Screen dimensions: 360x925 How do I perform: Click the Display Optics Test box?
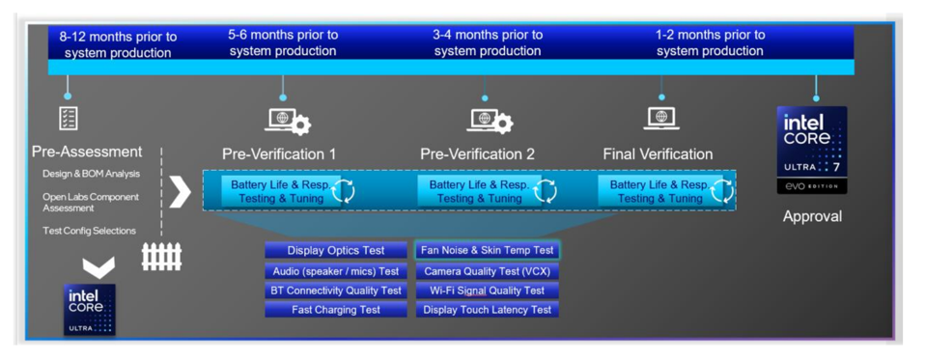click(x=335, y=251)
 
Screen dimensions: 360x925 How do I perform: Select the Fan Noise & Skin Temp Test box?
click(x=487, y=251)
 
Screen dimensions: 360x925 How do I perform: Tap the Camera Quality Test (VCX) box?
click(x=487, y=271)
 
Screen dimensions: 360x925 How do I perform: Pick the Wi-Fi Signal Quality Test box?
click(x=487, y=291)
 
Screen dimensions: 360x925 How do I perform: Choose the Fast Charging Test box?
click(x=335, y=310)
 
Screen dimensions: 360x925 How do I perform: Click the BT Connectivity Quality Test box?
click(x=335, y=291)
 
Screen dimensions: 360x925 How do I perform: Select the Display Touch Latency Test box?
click(x=487, y=310)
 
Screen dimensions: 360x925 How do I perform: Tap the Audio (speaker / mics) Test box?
click(x=335, y=271)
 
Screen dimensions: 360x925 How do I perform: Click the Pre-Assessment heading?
click(x=87, y=152)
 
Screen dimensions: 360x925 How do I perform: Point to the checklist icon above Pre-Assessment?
click(x=69, y=118)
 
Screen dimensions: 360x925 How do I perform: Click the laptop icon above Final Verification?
click(x=661, y=118)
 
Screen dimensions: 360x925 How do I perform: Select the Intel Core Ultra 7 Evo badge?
click(x=812, y=150)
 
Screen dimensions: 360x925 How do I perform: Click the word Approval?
click(x=812, y=216)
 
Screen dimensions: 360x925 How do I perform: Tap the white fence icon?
click(x=161, y=256)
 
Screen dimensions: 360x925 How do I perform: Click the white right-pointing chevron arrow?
click(x=180, y=191)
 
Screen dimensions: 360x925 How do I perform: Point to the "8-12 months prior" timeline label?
click(x=118, y=44)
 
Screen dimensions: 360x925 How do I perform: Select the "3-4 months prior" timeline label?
click(x=487, y=42)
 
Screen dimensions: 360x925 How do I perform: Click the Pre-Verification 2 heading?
click(x=477, y=154)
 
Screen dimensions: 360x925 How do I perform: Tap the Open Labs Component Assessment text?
click(x=91, y=202)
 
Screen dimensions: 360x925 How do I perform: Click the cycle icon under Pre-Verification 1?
click(x=343, y=191)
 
